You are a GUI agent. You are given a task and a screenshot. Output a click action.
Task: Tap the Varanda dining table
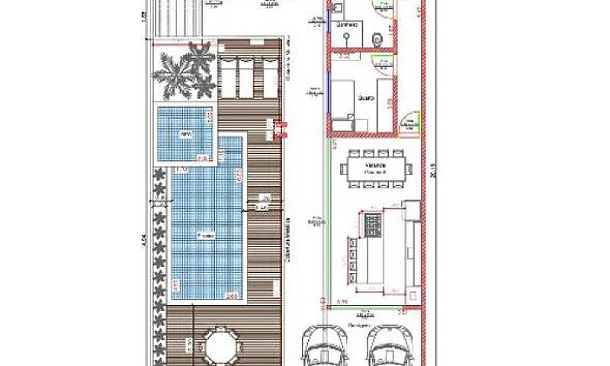click(375, 167)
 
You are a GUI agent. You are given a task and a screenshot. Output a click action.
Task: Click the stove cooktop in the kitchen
click(374, 223)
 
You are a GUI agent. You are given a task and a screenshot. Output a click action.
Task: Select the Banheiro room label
click(347, 24)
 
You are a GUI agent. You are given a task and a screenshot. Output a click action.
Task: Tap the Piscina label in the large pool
click(205, 236)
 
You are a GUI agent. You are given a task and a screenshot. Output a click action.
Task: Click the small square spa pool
click(185, 133)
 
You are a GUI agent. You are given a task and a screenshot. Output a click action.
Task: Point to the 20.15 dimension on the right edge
click(433, 176)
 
